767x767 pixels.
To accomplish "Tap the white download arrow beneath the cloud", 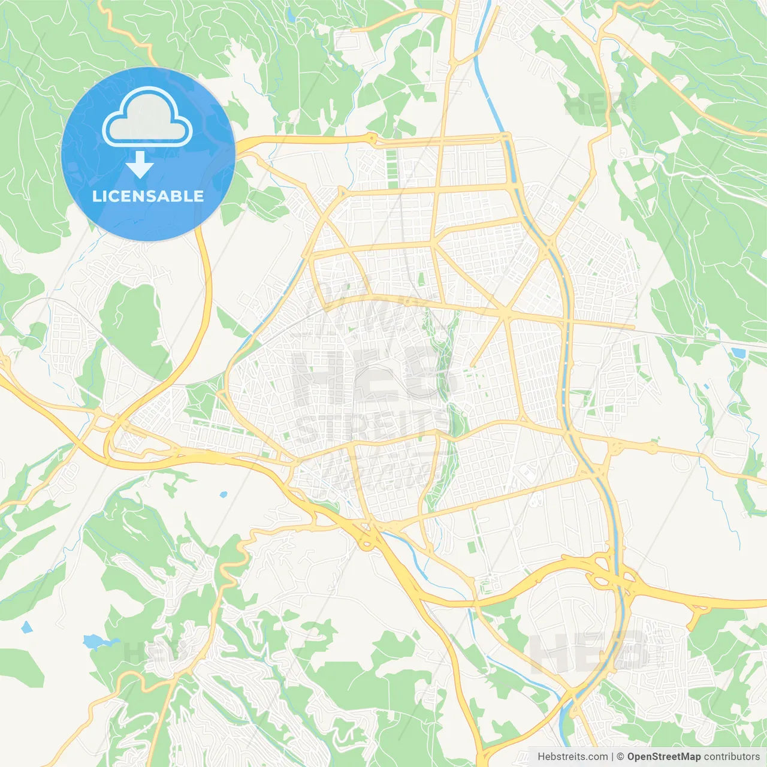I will click(x=140, y=165).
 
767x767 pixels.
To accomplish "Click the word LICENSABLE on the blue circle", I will click(x=148, y=196).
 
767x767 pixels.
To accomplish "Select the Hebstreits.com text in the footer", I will click(x=572, y=757).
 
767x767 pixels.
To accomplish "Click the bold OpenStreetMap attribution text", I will click(x=663, y=757).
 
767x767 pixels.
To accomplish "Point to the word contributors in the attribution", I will click(x=731, y=757).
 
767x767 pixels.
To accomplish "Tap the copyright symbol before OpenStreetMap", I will click(x=621, y=757).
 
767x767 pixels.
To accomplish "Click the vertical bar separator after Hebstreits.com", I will click(x=613, y=757).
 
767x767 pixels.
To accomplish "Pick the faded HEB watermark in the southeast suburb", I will click(x=587, y=650).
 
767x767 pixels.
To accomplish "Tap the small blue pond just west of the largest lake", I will click(x=26, y=627).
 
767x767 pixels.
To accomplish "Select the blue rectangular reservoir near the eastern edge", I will click(x=738, y=353).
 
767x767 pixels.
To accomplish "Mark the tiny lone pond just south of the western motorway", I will click(x=224, y=495).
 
